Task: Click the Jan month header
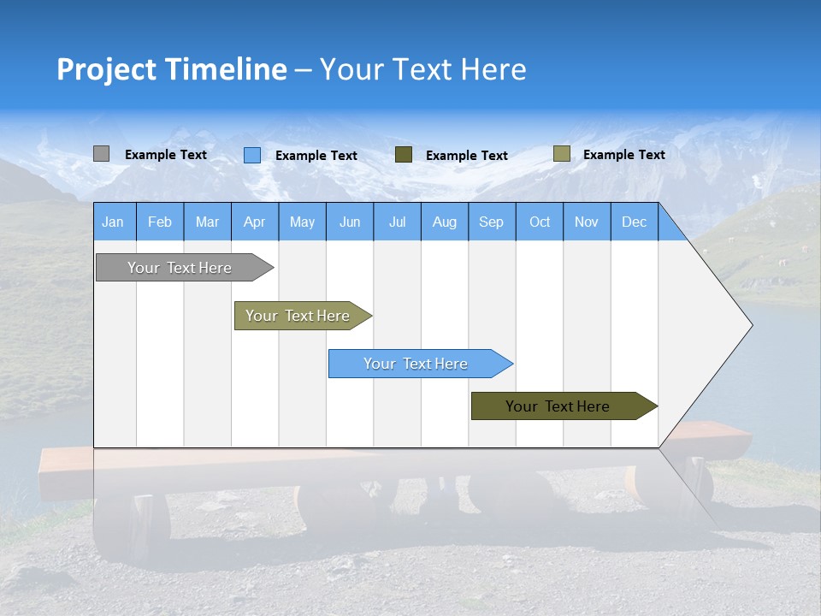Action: pos(114,222)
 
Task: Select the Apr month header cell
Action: pos(255,222)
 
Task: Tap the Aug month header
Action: pos(445,222)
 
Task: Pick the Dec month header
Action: pos(635,222)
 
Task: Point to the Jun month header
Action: pos(350,222)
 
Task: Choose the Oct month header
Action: pos(540,222)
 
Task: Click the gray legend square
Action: pos(101,154)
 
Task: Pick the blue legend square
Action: pos(252,155)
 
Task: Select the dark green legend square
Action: pos(404,155)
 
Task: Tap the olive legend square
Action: pos(561,154)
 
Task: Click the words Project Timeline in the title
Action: pos(171,69)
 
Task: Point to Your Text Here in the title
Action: pos(422,69)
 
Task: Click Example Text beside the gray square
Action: pos(166,155)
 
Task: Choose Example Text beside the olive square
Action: pos(624,155)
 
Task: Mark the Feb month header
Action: pos(160,222)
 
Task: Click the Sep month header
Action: pos(492,222)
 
